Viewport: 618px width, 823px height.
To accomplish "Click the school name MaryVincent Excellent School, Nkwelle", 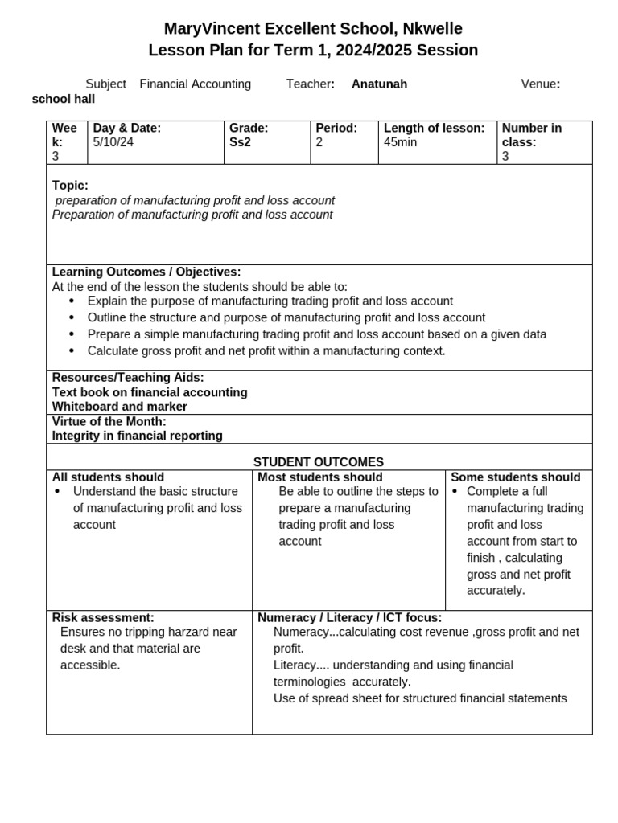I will coord(313,29).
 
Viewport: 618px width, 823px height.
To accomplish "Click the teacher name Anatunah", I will coord(379,84).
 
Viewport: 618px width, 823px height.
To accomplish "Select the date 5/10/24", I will coord(113,142).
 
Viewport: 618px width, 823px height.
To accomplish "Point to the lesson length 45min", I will coord(401,142).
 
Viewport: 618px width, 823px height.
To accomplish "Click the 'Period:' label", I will coord(336,128).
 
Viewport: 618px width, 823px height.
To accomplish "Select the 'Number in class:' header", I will coord(532,135).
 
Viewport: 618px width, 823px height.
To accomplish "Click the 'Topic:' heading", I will coord(70,186).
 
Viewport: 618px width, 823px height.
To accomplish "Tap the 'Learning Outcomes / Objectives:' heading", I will coord(146,272).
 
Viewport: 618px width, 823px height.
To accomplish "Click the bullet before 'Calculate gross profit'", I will coord(72,351).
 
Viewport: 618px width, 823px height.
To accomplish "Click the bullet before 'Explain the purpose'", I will coord(72,301).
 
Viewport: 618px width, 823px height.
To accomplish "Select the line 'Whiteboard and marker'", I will coord(120,407).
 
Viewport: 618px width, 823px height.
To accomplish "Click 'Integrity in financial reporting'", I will coord(138,436).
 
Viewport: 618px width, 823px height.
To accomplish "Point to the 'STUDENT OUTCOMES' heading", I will coord(319,462).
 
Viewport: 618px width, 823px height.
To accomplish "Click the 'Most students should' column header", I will coord(320,477).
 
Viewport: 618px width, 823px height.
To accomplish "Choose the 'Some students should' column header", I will coord(516,477).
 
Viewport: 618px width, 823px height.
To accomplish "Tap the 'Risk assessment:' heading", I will coord(103,617).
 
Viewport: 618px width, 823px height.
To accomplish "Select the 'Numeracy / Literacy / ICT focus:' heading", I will coord(349,617).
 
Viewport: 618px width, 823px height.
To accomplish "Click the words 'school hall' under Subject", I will coord(64,99).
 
